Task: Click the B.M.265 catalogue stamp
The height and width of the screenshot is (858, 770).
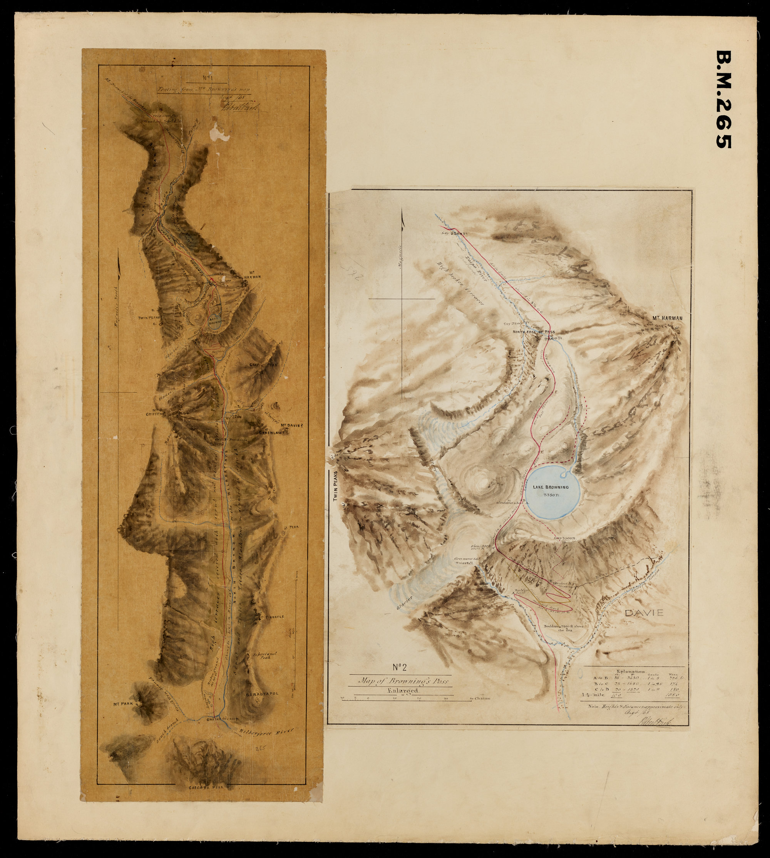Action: click(x=724, y=99)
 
